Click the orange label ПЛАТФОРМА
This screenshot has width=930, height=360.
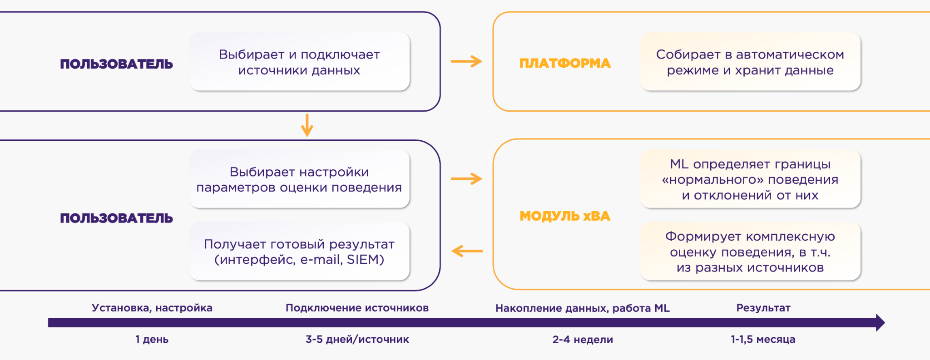(x=564, y=63)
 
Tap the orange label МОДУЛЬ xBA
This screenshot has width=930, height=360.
(x=564, y=216)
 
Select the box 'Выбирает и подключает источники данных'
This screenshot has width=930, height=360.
(x=299, y=62)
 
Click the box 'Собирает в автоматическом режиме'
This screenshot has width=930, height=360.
(x=750, y=62)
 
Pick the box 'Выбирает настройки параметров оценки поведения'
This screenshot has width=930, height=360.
(x=299, y=179)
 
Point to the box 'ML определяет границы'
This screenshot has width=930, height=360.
(x=750, y=179)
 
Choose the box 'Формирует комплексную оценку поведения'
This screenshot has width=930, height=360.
(x=750, y=252)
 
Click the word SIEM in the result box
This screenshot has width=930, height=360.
(x=365, y=260)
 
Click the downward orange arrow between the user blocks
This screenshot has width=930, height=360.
(x=307, y=125)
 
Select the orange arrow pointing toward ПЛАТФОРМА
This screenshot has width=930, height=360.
(x=466, y=61)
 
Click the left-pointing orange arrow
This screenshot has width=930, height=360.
(x=466, y=251)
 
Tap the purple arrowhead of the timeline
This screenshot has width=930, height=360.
(x=880, y=322)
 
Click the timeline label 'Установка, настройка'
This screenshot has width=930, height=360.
(x=152, y=308)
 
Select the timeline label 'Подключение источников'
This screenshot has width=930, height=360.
(x=357, y=308)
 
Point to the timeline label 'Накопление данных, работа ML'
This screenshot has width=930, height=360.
(x=582, y=308)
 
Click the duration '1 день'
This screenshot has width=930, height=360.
(x=152, y=339)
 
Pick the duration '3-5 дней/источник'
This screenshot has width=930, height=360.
(x=357, y=339)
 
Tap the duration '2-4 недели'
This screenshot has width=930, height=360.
(x=582, y=340)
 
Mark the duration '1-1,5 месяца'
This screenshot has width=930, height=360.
(x=763, y=339)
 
